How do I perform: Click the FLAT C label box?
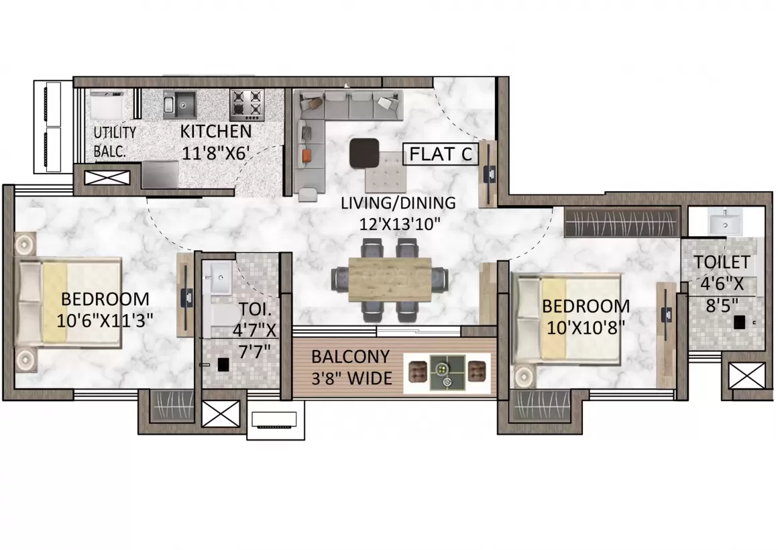tap(440, 154)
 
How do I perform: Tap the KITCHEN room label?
tap(216, 131)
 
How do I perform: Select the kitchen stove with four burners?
tap(247, 105)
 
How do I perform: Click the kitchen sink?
tap(179, 104)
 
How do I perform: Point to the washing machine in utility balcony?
tap(106, 105)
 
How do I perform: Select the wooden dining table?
tap(390, 280)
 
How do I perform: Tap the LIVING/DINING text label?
tap(398, 203)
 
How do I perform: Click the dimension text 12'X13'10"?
tap(400, 225)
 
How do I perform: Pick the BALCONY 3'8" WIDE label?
tap(352, 368)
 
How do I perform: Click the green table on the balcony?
tap(447, 372)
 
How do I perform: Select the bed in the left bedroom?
tap(70, 302)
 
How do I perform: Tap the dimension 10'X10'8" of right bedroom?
tap(585, 328)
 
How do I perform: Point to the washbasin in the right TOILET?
tap(725, 221)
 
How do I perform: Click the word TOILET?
tap(722, 262)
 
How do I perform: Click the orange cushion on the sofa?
tap(306, 156)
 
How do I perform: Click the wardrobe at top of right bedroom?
tap(622, 223)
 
